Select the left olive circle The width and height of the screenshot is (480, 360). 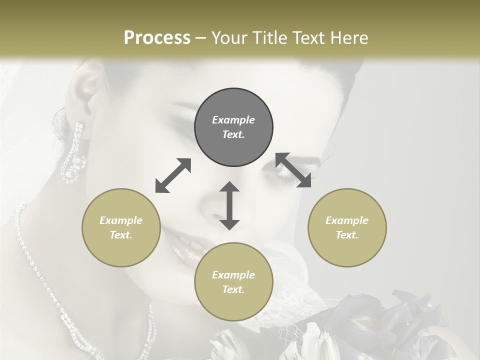(121, 227)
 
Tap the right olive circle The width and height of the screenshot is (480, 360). (347, 227)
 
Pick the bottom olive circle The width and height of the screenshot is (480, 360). (233, 281)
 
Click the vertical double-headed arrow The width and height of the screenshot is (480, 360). (229, 205)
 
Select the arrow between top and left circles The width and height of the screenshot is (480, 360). (173, 175)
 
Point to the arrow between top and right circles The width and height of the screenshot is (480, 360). (293, 170)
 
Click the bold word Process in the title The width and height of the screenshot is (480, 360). (157, 37)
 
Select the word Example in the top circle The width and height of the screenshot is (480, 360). (233, 120)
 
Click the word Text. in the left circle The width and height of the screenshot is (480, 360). (121, 235)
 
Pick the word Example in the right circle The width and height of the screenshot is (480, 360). (347, 220)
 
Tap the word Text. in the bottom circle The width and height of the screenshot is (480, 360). (233, 289)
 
